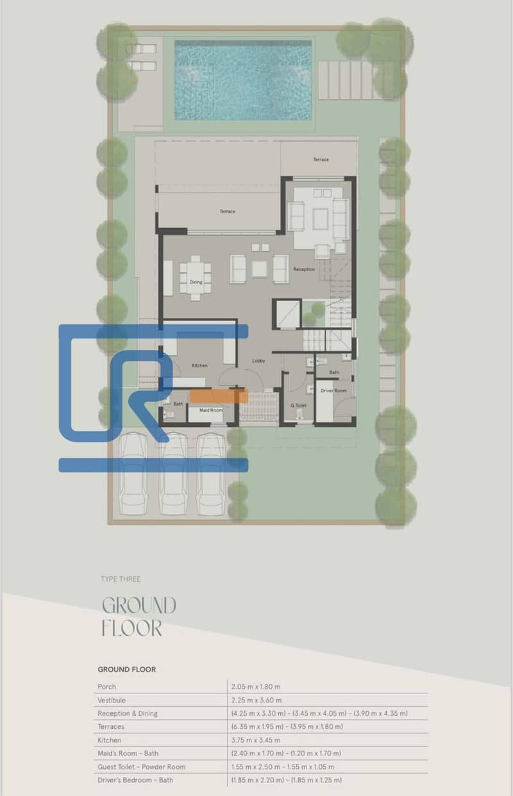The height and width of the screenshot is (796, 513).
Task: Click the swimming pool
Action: pos(243,80)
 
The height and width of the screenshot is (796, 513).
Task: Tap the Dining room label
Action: pos(196,282)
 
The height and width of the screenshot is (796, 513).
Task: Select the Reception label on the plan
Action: pos(304,269)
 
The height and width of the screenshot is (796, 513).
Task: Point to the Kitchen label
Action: pos(199,365)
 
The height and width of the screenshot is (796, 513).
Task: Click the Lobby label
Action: pos(258,361)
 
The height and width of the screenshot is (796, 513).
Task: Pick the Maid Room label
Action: pos(211,410)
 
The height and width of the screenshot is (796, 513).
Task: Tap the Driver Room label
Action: pos(333,390)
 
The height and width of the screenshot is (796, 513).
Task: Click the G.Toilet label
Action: pos(298,405)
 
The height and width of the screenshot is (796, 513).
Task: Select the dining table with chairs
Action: pos(195,278)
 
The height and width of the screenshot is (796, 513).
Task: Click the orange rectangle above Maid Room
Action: pos(219,396)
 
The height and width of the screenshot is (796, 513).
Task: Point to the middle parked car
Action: pos(172,474)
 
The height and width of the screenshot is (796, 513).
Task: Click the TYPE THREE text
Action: pos(121,579)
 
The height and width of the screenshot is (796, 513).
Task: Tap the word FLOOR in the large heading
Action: pos(132,628)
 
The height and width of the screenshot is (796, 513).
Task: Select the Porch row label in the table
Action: pos(107,686)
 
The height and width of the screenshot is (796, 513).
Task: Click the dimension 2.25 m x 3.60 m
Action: pos(256,700)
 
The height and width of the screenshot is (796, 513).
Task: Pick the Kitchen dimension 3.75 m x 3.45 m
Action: pos(256,740)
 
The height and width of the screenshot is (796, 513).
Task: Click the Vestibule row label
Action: pos(112,700)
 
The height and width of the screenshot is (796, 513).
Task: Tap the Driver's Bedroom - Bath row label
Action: pos(135,780)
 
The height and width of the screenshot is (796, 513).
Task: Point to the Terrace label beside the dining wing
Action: pos(227,211)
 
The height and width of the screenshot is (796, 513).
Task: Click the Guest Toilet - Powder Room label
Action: pos(142,767)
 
